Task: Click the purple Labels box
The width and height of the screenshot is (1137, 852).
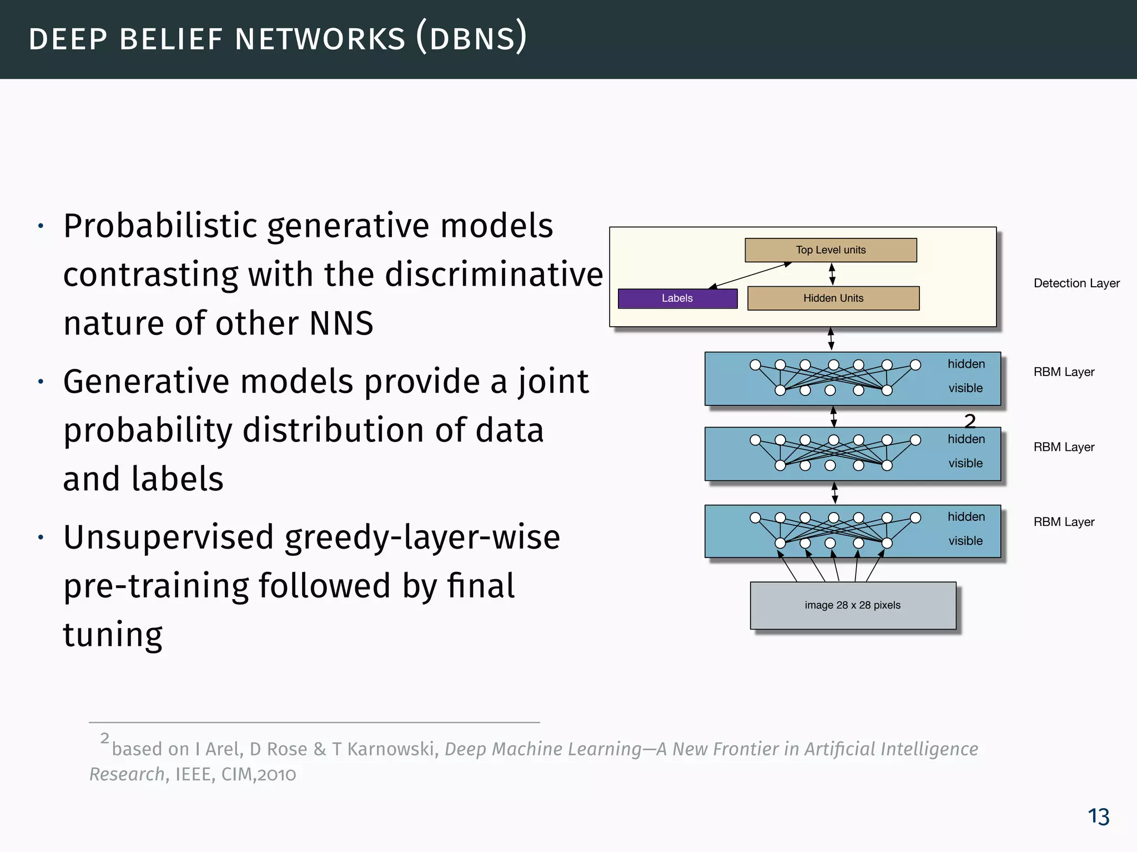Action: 677,298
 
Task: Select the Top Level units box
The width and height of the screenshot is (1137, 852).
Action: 831,250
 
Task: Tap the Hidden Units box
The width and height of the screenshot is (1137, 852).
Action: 833,298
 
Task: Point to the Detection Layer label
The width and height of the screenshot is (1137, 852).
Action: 1076,283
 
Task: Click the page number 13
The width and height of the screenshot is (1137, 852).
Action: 1098,816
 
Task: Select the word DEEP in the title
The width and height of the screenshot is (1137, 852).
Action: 68,40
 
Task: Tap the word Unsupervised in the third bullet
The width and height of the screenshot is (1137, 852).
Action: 169,537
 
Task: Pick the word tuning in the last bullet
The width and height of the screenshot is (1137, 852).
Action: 113,635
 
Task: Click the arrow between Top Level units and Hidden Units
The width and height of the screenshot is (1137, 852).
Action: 832,274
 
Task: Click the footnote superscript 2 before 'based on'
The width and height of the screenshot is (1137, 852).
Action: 105,738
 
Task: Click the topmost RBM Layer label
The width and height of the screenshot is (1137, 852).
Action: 1063,372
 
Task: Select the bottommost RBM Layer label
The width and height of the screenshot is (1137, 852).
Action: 1063,522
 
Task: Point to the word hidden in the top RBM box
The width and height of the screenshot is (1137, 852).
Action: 966,364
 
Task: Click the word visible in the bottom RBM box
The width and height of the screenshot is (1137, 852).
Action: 965,541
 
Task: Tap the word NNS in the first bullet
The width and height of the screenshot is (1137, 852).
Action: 341,324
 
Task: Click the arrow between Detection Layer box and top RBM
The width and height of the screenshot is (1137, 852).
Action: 831,339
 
